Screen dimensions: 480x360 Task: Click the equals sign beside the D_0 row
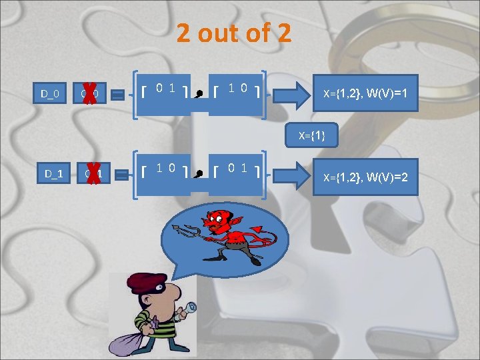(x=117, y=96)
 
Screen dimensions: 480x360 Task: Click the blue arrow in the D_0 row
(x=296, y=93)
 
